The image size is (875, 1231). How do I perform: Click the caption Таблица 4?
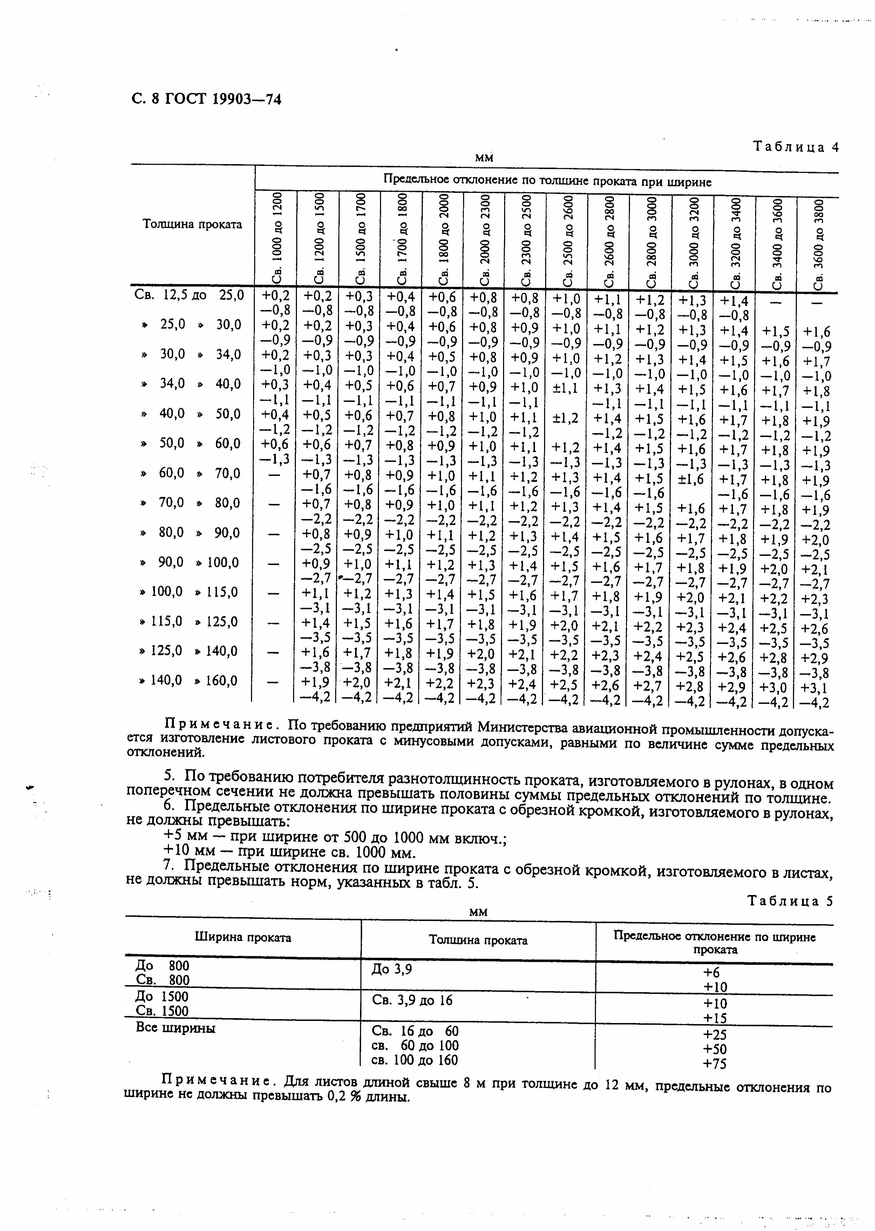[x=796, y=147]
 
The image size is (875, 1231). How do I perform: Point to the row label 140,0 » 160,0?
[x=189, y=681]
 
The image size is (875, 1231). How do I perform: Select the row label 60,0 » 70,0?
[x=189, y=473]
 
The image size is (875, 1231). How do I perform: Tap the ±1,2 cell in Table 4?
[x=566, y=418]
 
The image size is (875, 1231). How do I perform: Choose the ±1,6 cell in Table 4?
[x=692, y=478]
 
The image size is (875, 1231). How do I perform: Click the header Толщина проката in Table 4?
[x=192, y=224]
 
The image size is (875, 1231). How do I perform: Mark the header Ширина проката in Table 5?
[x=243, y=938]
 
